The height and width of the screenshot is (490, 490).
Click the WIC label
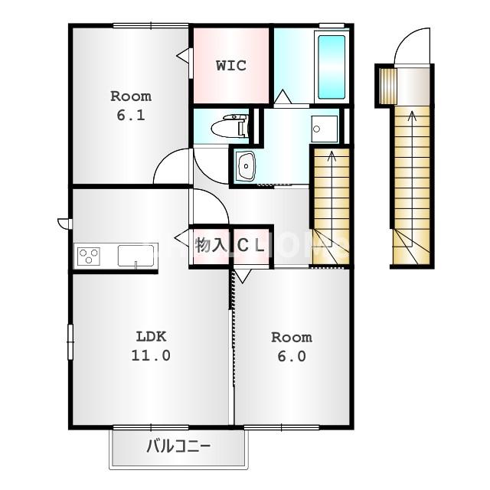coord(231,65)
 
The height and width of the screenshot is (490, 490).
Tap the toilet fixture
coord(230,126)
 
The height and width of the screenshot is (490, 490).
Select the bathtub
coord(332,67)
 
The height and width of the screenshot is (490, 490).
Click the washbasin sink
coord(246,166)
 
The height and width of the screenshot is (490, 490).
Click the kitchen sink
coord(136,256)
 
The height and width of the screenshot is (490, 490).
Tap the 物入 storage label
coord(211,245)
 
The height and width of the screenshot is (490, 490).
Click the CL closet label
coord(251,246)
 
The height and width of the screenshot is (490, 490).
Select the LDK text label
coord(151,337)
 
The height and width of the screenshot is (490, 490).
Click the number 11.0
coord(151,355)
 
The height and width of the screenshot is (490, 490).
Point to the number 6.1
coord(131,116)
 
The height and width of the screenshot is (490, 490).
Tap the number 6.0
coord(292,356)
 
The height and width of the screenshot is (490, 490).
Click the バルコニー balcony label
coord(178,446)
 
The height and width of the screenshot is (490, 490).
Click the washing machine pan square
coord(325,129)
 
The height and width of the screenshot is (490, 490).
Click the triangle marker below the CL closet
coord(243,276)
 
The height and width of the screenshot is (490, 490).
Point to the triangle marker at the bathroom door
coord(283,96)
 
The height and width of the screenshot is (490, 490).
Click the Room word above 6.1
coord(131,96)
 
